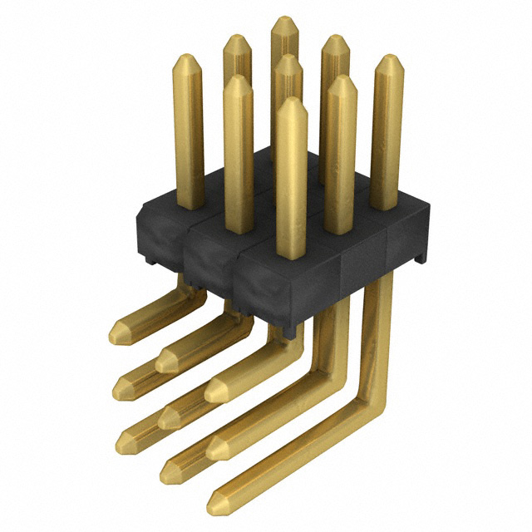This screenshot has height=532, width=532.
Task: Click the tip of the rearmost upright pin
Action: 285,19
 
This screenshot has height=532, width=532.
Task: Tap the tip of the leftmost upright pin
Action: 189,58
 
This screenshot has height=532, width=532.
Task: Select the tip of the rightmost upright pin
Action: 388,59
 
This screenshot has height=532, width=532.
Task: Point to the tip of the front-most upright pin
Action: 292,101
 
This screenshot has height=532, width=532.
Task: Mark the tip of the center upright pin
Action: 287,58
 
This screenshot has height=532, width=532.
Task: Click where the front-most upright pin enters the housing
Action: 292,253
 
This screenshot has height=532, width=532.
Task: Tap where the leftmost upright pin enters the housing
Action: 190,206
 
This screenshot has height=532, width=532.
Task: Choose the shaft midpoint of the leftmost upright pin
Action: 190,133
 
